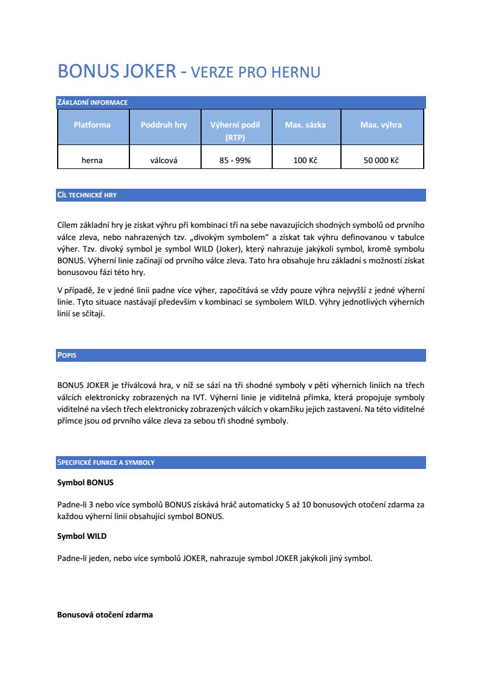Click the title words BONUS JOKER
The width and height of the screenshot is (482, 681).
coord(117,72)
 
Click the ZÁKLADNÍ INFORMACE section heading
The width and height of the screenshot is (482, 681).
coord(92,103)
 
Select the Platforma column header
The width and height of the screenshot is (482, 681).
coord(92,125)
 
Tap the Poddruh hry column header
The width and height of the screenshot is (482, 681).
coord(164,125)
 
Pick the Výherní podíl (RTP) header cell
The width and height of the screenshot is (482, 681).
coord(235,131)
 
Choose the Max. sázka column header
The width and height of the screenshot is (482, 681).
coord(305,125)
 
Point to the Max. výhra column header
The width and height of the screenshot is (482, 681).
coord(381,125)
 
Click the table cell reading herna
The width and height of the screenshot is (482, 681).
coord(92,160)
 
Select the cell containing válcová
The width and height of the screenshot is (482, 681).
coord(164,160)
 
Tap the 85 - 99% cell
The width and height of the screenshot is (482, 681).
coord(235,160)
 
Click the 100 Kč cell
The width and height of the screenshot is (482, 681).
coord(305,160)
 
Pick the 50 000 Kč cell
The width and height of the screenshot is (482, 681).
coord(381,160)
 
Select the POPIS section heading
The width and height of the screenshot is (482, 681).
coord(67,355)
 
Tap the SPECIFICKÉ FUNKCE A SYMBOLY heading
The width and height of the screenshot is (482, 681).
coord(105,463)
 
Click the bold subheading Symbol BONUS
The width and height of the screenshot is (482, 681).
coord(85,483)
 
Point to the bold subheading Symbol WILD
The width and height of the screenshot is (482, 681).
coord(82,536)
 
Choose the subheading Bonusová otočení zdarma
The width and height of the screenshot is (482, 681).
coord(105,615)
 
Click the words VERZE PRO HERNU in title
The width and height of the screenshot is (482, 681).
coord(256,73)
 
